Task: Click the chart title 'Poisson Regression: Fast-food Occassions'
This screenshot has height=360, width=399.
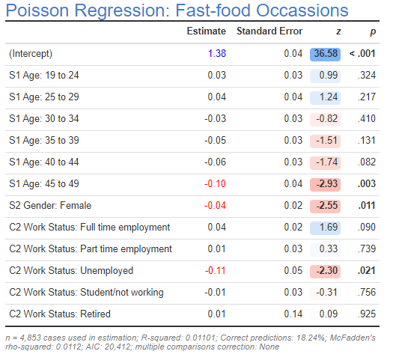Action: tap(177, 10)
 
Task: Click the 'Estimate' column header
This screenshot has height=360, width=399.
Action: tap(206, 31)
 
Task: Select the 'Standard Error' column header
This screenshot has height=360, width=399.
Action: tap(269, 31)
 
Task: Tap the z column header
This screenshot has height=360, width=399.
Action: tap(338, 31)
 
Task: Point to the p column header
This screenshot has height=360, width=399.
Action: tap(372, 31)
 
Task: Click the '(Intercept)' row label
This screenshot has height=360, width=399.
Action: tap(31, 54)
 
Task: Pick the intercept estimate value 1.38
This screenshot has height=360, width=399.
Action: tap(216, 54)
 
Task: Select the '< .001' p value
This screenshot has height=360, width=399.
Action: tap(362, 54)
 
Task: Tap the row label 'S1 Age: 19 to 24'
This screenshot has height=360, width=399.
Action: tap(44, 76)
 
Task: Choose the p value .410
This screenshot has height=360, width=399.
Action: tap(367, 119)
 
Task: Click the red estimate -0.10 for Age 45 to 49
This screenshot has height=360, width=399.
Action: tap(215, 184)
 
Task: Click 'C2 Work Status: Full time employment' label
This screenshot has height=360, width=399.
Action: tap(89, 228)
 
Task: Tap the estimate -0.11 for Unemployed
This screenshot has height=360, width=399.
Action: tap(215, 271)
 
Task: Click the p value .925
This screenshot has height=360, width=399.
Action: tap(367, 314)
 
